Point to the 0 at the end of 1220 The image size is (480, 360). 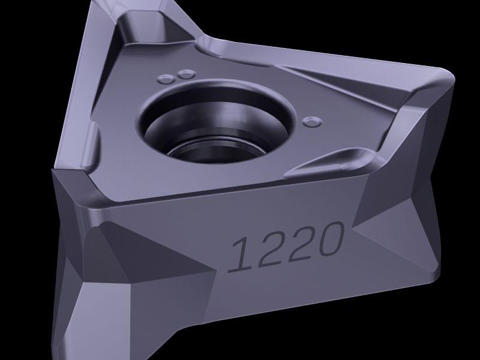click(x=329, y=239)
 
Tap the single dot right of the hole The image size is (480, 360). click(x=312, y=122)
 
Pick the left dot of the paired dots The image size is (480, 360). click(x=167, y=79)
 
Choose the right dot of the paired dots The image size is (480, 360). click(x=187, y=74)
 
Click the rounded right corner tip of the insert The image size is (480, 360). click(x=451, y=77)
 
